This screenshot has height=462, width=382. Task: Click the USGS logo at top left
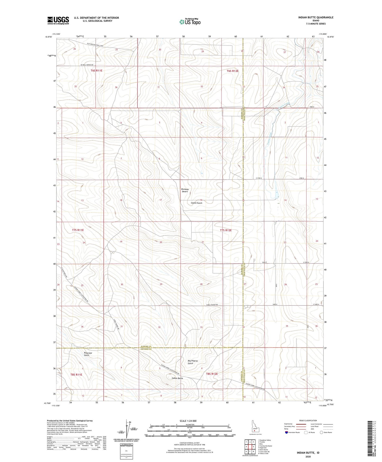tap(58, 20)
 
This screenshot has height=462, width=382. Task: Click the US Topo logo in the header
tap(190, 22)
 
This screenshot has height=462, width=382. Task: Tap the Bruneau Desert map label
tap(185, 190)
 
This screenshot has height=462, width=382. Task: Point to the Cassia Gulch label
tap(196, 203)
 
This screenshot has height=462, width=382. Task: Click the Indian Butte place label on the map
tap(177, 378)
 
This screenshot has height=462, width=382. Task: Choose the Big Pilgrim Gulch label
tap(192, 362)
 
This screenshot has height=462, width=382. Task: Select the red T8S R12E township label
tap(212, 374)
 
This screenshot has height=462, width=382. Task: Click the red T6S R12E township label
tap(232, 71)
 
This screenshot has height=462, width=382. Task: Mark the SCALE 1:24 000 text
tap(188, 421)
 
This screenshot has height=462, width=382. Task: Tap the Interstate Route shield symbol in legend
tap(287, 432)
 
